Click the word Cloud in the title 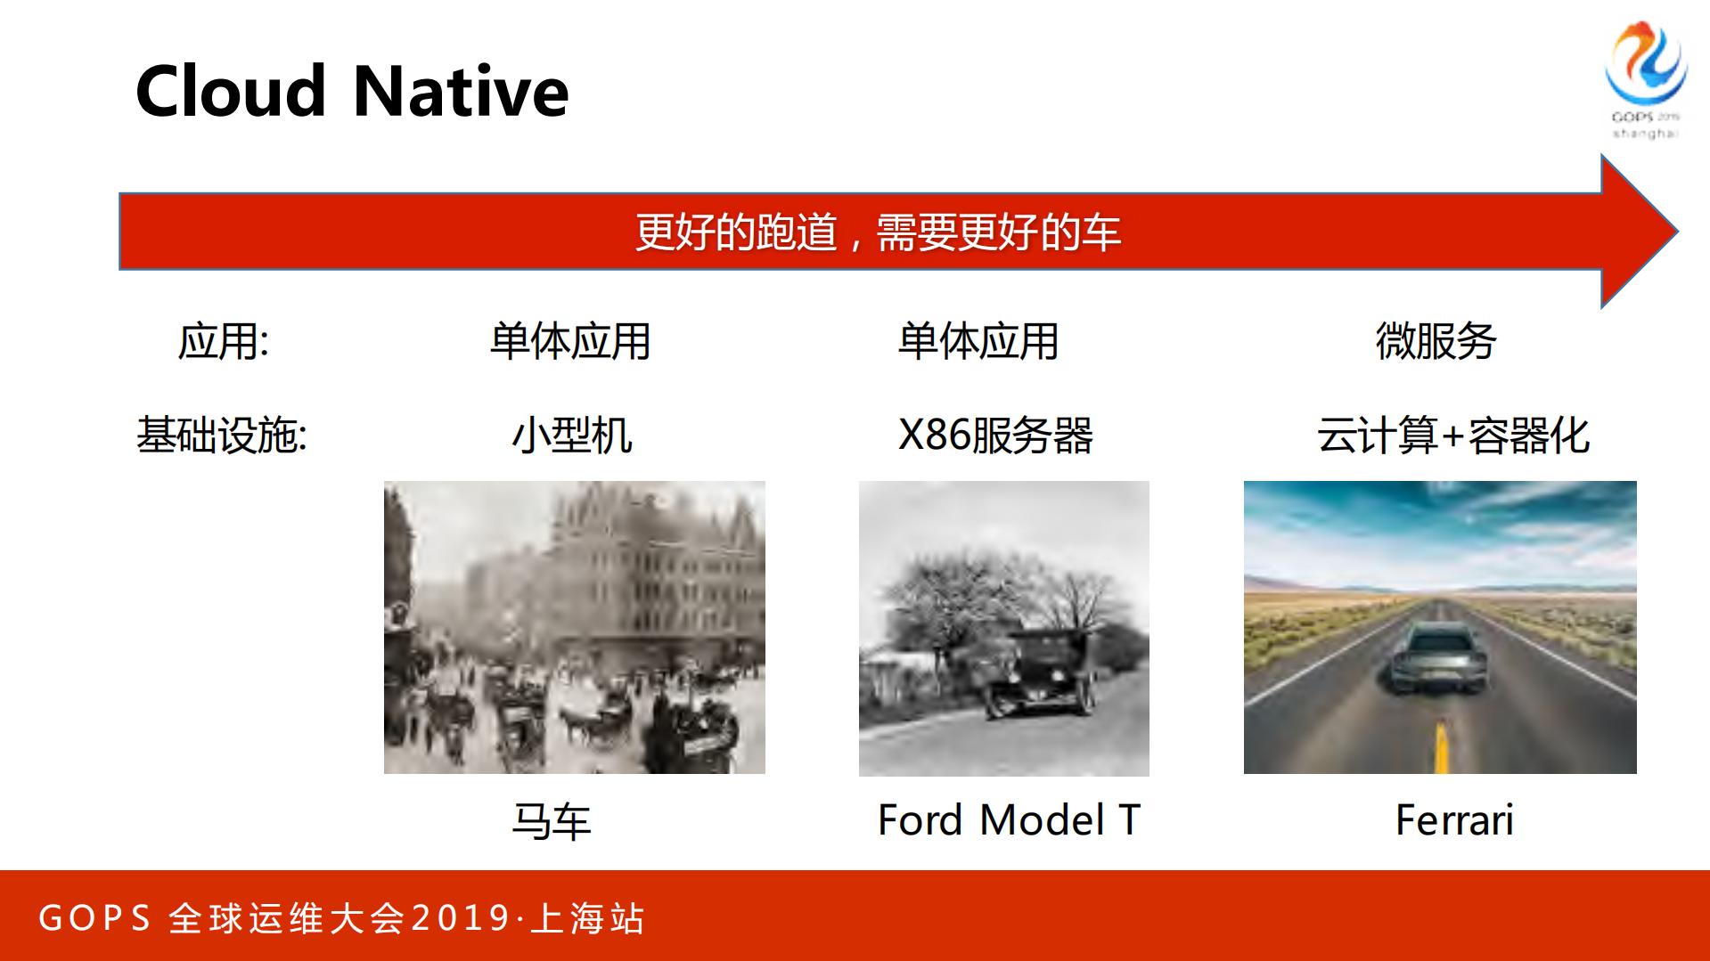tap(231, 92)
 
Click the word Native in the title tap(461, 92)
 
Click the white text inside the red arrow tap(878, 232)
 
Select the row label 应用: tap(224, 341)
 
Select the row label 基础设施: tap(222, 436)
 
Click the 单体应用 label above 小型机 tap(570, 341)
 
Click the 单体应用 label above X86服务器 tap(978, 341)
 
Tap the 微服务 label tap(1436, 341)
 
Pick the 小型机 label tap(572, 436)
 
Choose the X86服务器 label tap(995, 436)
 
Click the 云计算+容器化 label tap(1453, 436)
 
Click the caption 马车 tap(552, 820)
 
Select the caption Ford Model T tap(1009, 820)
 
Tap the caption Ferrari tap(1454, 820)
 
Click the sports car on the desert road tap(1439, 658)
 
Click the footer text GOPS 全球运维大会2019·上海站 tap(341, 918)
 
